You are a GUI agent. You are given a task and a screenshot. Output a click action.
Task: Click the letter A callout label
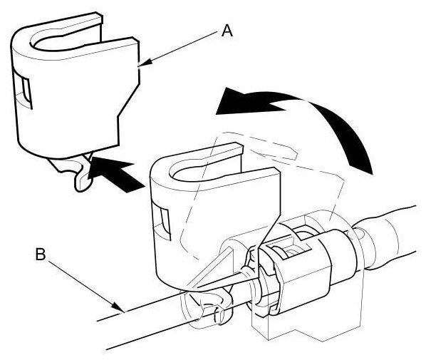point(227,31)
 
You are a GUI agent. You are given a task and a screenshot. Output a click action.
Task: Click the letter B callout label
point(41,254)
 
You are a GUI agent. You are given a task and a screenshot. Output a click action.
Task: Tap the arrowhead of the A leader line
point(144,63)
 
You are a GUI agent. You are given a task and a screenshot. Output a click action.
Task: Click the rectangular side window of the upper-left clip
point(26,92)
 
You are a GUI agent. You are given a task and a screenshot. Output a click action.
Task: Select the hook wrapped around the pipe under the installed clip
point(214,307)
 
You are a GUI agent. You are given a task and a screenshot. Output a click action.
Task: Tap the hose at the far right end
point(391,237)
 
